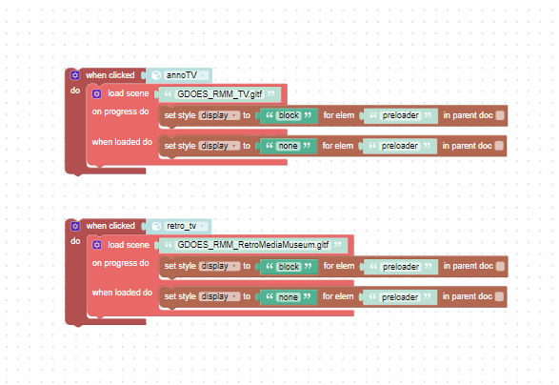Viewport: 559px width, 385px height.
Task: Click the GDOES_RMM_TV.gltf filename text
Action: [220, 94]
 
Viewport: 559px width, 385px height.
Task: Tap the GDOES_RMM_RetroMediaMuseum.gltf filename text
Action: [253, 245]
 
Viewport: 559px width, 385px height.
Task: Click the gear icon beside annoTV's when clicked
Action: [75, 75]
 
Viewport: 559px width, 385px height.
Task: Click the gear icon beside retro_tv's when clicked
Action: [75, 226]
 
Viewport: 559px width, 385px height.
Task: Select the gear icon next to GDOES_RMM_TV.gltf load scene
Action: [96, 93]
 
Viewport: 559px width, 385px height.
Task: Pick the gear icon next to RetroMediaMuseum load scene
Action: [96, 245]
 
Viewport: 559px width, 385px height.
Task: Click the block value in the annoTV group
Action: [289, 115]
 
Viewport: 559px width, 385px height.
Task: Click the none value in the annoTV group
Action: [288, 146]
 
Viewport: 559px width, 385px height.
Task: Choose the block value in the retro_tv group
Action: [289, 267]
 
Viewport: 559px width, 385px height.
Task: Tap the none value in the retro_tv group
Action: [288, 297]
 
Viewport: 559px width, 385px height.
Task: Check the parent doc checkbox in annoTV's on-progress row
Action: [500, 115]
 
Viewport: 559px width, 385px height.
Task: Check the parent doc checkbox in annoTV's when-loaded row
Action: [499, 146]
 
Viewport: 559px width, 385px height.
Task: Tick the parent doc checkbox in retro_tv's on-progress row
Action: [500, 266]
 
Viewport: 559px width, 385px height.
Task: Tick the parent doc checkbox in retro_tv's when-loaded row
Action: [499, 296]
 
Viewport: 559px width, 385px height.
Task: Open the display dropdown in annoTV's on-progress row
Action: [219, 115]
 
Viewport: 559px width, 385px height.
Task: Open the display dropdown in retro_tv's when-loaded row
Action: [219, 296]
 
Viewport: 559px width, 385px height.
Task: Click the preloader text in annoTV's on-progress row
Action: [400, 115]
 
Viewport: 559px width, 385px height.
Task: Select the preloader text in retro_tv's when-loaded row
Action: [400, 297]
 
